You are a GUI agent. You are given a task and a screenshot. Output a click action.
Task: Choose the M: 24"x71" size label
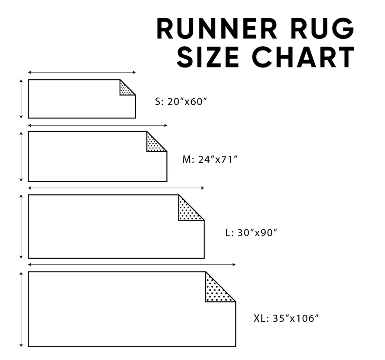click(x=209, y=159)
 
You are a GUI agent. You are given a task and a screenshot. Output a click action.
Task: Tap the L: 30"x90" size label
click(x=251, y=233)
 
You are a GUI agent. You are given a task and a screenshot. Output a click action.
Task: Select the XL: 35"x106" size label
click(x=286, y=318)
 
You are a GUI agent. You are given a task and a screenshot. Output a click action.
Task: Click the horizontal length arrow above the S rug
click(x=82, y=72)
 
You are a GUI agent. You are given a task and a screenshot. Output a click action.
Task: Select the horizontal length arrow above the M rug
click(x=98, y=125)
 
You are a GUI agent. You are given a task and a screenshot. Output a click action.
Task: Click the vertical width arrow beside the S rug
click(x=21, y=99)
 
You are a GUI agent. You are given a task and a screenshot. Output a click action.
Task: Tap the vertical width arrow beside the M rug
click(x=21, y=156)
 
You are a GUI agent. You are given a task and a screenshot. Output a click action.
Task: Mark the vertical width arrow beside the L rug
click(x=21, y=226)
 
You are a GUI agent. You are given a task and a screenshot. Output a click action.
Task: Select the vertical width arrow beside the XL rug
click(x=21, y=309)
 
